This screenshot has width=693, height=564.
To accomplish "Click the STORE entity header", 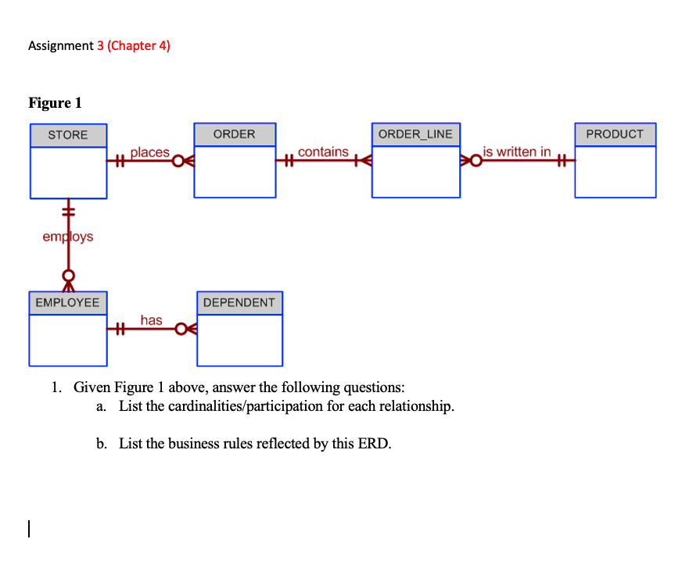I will (x=68, y=135).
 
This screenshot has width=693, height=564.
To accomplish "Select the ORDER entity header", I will (x=234, y=134).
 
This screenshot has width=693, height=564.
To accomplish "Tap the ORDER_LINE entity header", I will (x=415, y=134).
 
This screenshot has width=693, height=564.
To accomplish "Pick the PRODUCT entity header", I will (x=615, y=134).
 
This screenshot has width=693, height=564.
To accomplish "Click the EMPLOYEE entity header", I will (x=68, y=302).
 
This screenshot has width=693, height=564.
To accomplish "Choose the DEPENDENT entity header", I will (x=239, y=302).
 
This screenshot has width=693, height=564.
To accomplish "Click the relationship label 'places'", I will (x=149, y=152).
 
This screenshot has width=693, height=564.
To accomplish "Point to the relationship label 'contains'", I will (x=323, y=152).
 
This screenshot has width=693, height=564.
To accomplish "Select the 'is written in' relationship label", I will (x=516, y=152).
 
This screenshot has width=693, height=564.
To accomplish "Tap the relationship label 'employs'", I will (x=67, y=236).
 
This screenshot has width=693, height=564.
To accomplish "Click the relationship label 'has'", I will (x=151, y=319).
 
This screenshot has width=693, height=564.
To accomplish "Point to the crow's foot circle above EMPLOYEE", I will (x=69, y=276).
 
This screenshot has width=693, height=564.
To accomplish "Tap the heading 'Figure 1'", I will (x=55, y=103).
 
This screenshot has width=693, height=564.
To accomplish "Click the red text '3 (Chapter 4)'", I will (x=134, y=45).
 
